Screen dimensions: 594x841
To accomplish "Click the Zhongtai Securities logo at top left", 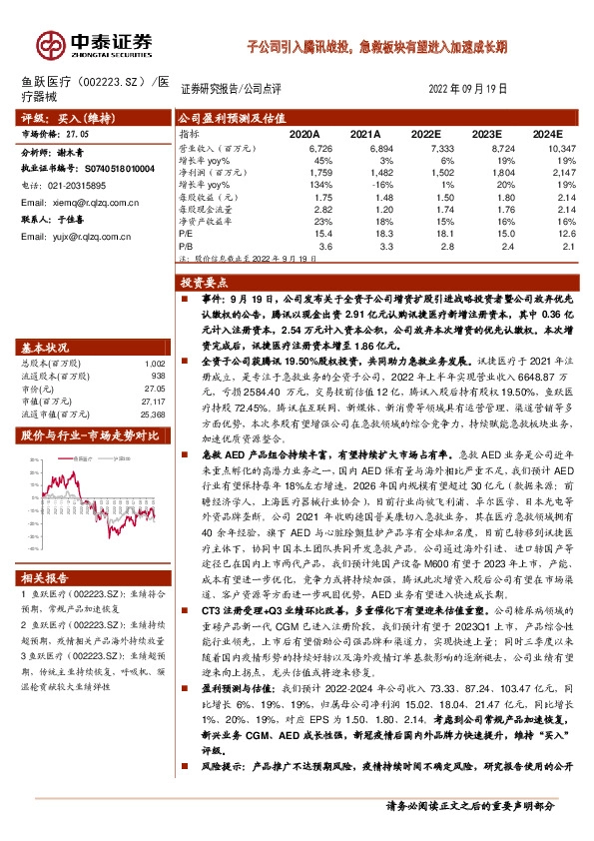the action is point(95,44).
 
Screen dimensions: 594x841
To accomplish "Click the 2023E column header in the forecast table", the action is point(486,132).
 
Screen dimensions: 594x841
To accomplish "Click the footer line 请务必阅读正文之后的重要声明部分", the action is point(470,804).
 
